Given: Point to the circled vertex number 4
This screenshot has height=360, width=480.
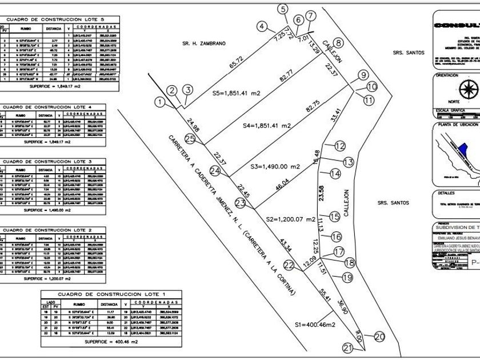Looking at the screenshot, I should (x=262, y=26).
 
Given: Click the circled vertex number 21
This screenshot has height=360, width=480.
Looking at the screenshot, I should (x=349, y=347).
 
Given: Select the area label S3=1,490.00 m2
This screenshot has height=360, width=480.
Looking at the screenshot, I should (x=275, y=166).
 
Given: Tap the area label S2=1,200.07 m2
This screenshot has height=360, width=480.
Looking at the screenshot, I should (x=291, y=219).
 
